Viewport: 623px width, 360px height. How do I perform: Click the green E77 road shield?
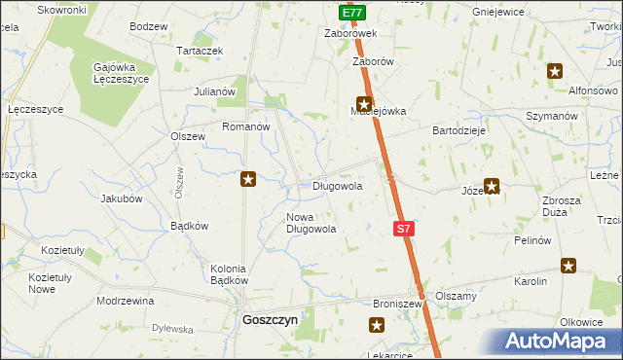pyautogui.click(x=353, y=13)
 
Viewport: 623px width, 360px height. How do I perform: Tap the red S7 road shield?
pyautogui.click(x=405, y=229)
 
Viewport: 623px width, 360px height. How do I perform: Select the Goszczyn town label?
pyautogui.click(x=270, y=318)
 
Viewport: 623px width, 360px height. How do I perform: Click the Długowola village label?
pyautogui.click(x=337, y=185)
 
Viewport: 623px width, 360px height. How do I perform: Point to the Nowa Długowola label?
pyautogui.click(x=311, y=223)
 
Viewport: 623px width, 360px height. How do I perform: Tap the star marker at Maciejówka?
pyautogui.click(x=364, y=104)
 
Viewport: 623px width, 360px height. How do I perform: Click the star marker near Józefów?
pyautogui.click(x=492, y=185)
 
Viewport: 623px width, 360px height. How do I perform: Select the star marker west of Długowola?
pyautogui.click(x=248, y=178)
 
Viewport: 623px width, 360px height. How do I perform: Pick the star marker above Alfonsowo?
pyautogui.click(x=555, y=70)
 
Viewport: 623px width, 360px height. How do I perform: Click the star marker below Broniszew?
pyautogui.click(x=377, y=327)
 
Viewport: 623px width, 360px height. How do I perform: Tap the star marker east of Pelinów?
pyautogui.click(x=568, y=265)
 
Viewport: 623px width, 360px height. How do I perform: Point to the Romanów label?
pyautogui.click(x=245, y=126)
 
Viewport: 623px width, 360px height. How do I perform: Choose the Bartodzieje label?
pyautogui.click(x=459, y=128)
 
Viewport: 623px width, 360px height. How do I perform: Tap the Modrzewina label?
pyautogui.click(x=126, y=301)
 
